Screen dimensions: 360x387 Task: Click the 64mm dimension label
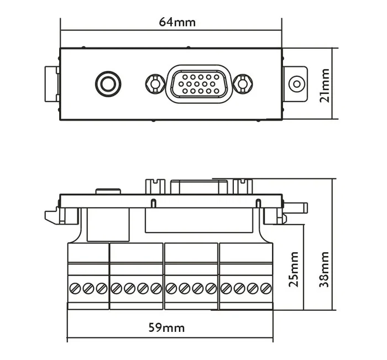[x=177, y=22]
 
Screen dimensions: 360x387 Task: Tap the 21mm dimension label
[x=325, y=84]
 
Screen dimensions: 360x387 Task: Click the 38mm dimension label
[x=325, y=269]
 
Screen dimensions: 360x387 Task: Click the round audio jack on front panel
[x=107, y=84]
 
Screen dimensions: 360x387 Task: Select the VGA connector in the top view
[x=198, y=84]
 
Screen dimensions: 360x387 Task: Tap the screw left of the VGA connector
[x=154, y=84]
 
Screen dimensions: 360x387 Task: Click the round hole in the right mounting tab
[x=297, y=84]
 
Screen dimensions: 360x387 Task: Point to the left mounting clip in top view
[x=51, y=84]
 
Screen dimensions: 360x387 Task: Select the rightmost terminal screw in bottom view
[x=266, y=288]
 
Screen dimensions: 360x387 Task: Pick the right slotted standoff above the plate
[x=242, y=187]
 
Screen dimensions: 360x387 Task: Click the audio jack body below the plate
[x=108, y=223]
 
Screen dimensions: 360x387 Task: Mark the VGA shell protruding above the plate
[x=198, y=187]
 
